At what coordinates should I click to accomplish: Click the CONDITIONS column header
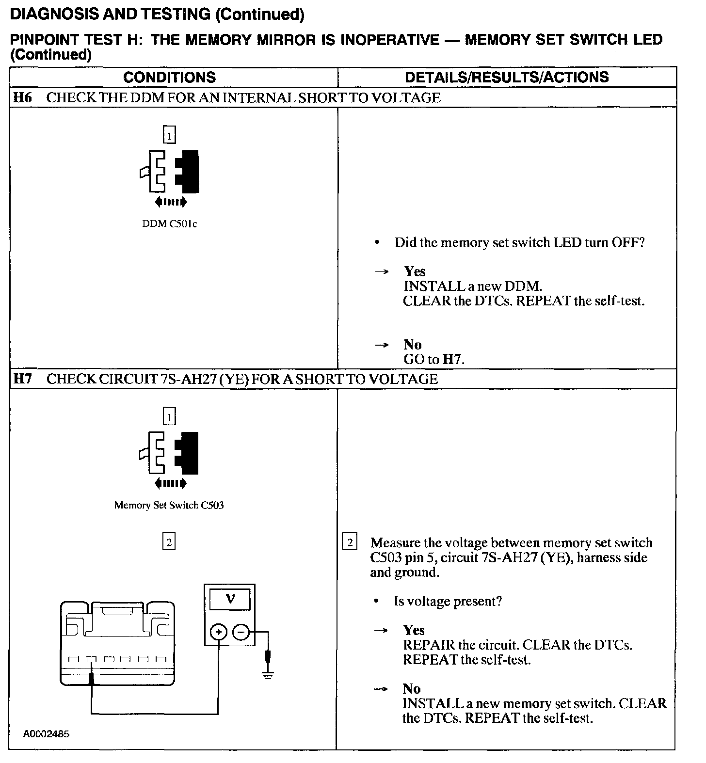(169, 77)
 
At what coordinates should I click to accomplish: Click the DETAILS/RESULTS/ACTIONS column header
(507, 77)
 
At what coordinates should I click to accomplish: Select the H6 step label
(22, 97)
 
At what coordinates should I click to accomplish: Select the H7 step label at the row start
(22, 379)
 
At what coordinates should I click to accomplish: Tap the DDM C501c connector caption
(169, 224)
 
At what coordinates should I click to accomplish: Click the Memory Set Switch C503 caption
(169, 505)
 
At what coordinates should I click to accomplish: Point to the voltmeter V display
(230, 599)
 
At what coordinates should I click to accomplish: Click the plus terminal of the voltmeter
(219, 632)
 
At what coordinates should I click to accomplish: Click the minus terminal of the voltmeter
(241, 632)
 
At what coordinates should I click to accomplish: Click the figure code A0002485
(46, 734)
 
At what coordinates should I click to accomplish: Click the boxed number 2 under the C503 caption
(169, 542)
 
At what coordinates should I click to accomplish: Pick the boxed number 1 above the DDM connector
(169, 135)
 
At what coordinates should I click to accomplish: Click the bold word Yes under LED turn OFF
(415, 271)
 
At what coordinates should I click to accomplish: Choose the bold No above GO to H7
(412, 345)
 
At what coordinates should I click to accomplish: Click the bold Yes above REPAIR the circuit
(414, 630)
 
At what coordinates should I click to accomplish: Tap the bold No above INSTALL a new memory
(412, 689)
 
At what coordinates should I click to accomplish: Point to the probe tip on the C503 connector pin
(91, 678)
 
